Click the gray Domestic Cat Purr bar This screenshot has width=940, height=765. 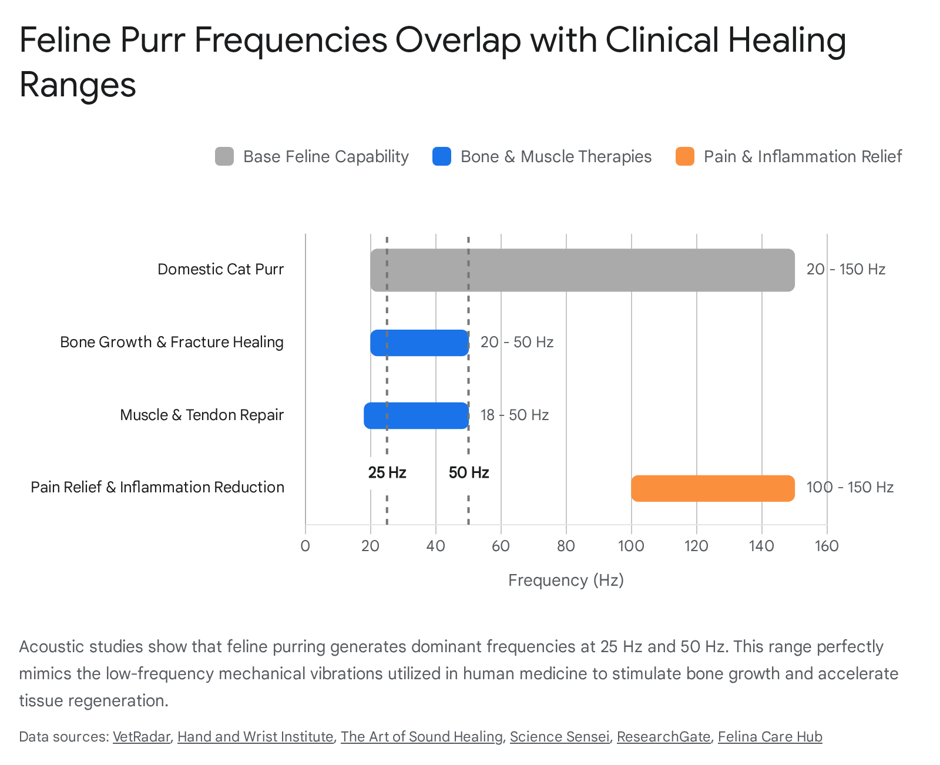[582, 270]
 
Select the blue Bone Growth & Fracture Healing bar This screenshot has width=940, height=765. [419, 343]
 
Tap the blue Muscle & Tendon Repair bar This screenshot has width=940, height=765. [416, 415]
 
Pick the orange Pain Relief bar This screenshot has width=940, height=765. [713, 488]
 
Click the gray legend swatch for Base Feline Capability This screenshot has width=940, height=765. [224, 156]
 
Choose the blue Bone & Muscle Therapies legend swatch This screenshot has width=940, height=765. [441, 156]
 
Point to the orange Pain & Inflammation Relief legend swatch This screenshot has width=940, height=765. [684, 156]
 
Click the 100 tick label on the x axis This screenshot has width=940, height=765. [631, 546]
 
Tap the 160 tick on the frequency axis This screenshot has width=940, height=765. [827, 546]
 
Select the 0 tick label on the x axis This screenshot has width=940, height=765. [305, 546]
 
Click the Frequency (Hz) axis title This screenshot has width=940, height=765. [566, 580]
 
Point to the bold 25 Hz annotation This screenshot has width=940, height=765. [387, 472]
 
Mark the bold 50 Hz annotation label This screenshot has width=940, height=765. [469, 472]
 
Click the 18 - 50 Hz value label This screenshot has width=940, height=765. [514, 415]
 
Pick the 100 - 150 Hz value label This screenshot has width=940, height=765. [850, 487]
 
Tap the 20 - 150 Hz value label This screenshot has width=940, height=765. [846, 269]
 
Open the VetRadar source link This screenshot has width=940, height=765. [141, 737]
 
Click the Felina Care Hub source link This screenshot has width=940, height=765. [770, 737]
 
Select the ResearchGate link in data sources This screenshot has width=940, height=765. [664, 737]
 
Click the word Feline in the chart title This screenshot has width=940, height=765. [65, 40]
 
